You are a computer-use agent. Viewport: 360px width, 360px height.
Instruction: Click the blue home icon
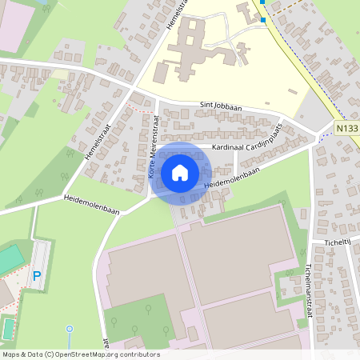pos(180,173)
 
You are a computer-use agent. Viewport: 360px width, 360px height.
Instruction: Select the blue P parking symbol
pos(36,276)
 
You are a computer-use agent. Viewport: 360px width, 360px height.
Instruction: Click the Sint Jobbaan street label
pos(218,106)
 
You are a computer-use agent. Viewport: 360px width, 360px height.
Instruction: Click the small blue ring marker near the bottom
pos(70,329)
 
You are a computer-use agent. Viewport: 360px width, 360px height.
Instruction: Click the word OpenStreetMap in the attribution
pos(86,354)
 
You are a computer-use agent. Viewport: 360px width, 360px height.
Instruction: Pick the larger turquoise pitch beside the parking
pos(10,258)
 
